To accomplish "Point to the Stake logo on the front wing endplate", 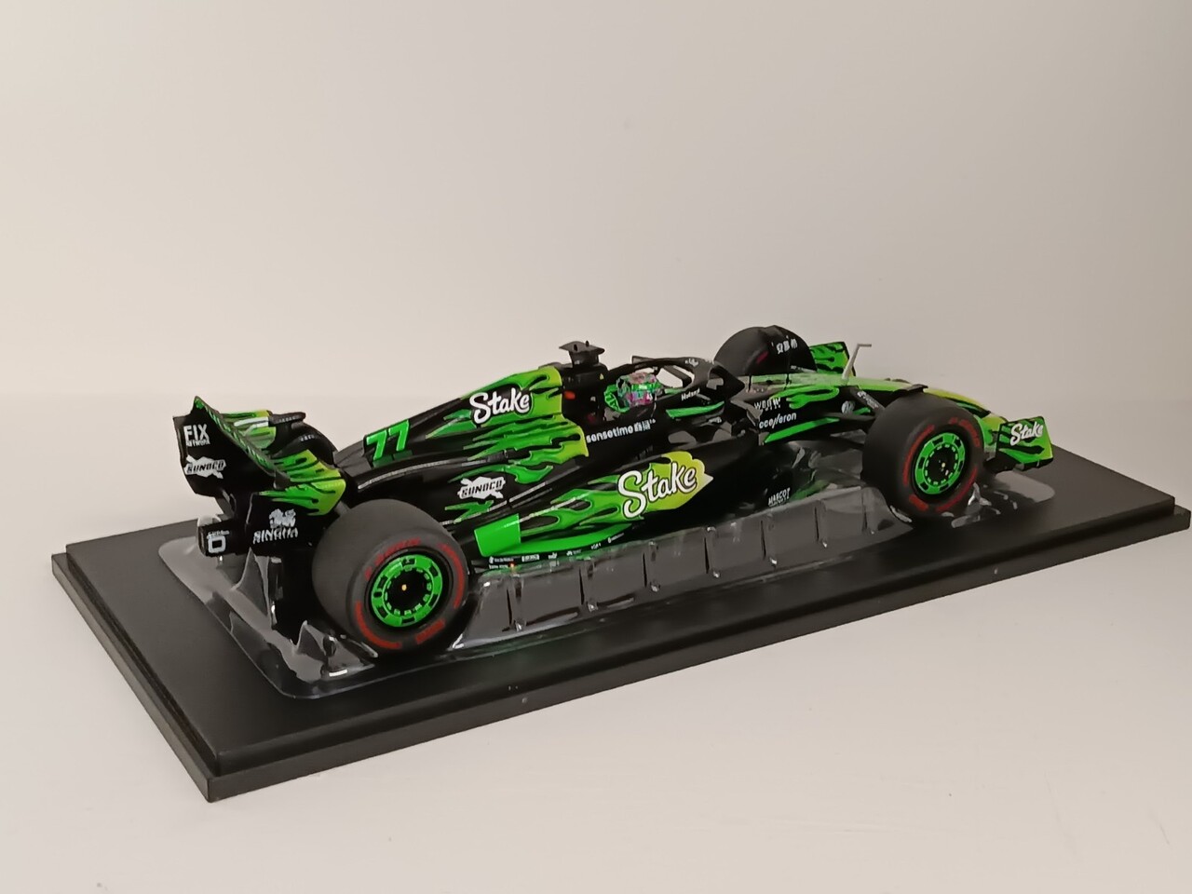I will tap(1026, 431).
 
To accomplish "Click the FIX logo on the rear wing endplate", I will tap(196, 434).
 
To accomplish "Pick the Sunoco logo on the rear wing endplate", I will tap(205, 465).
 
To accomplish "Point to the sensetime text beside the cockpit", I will tap(620, 427).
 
